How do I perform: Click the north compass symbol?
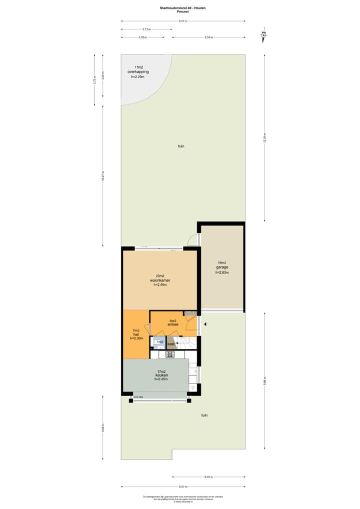(263, 34)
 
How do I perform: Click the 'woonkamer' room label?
(160, 280)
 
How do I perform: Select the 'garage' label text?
(222, 267)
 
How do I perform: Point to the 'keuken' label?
(161, 375)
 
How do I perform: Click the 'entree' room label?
(173, 324)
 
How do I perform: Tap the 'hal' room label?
(135, 334)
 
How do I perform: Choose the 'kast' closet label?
(171, 344)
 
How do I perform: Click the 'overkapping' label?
(138, 72)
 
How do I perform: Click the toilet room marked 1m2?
(159, 342)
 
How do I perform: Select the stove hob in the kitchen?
(170, 354)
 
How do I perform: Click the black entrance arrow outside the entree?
(204, 324)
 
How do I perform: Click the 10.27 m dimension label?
(103, 176)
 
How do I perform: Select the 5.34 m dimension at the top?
(208, 37)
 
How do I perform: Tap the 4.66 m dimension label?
(103, 428)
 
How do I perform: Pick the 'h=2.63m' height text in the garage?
(222, 272)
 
